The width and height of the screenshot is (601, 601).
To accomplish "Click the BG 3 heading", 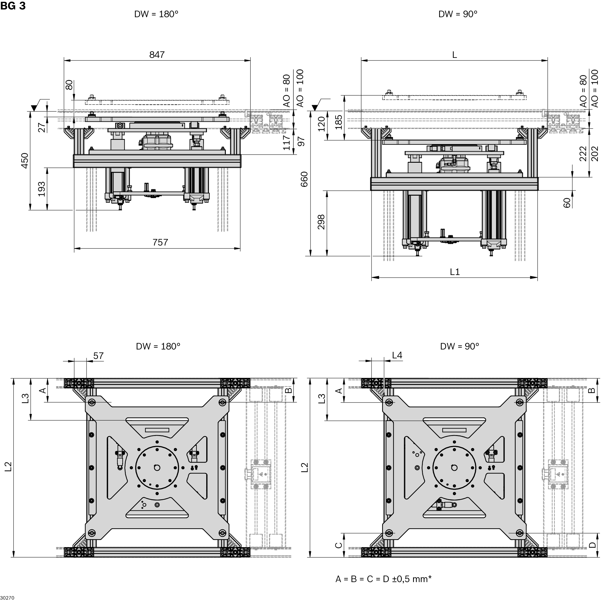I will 13,6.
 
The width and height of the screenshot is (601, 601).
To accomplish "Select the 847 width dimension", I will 156,55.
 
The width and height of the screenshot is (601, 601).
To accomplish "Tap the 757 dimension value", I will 160,242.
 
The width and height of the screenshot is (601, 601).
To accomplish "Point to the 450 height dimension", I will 25,160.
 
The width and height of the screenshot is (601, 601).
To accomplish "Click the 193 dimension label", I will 42,189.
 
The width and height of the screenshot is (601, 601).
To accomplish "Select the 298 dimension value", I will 321,222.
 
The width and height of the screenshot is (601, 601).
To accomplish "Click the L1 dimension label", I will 455,272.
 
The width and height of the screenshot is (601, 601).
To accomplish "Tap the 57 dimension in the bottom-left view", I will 98,356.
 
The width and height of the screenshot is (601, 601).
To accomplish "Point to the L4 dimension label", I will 397,355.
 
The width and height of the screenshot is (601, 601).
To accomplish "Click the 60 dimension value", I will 567,203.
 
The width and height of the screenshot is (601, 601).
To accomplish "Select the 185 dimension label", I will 339,122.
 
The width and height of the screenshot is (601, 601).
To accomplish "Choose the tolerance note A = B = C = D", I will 383,579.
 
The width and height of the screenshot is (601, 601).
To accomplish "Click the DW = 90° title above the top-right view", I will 457,14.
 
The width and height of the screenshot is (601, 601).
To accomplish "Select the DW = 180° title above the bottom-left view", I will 158,346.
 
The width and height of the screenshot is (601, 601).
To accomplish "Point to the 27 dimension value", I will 42,127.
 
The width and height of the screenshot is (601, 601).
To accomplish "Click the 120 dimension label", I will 322,124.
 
